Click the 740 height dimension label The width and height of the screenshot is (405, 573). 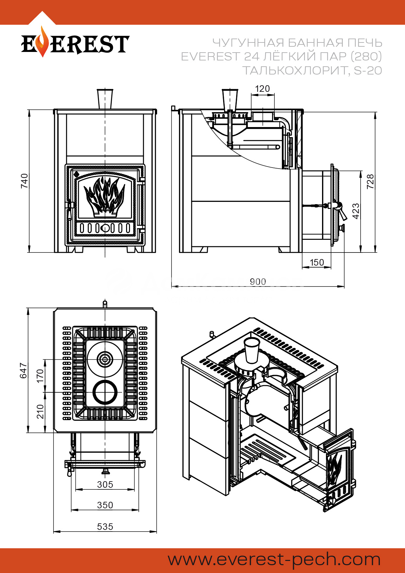[x=24, y=181]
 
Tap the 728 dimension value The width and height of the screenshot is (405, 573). [x=370, y=182]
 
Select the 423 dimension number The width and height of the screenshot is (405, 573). [x=356, y=211]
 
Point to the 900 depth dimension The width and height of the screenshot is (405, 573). [x=258, y=282]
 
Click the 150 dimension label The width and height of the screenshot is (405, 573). [x=316, y=262]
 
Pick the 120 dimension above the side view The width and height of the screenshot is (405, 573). [x=262, y=89]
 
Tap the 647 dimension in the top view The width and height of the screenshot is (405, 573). [x=24, y=370]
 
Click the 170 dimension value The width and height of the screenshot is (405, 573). [x=40, y=376]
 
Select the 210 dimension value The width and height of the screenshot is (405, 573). [x=40, y=412]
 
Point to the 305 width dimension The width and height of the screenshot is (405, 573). [x=105, y=484]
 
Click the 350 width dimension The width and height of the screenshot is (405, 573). [x=105, y=505]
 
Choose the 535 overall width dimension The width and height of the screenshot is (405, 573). [x=105, y=527]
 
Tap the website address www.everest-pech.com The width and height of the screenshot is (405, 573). [x=274, y=560]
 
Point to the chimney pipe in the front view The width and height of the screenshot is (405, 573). [x=105, y=99]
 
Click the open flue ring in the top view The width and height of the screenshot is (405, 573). [x=105, y=392]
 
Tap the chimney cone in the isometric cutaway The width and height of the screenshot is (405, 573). [x=252, y=350]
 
